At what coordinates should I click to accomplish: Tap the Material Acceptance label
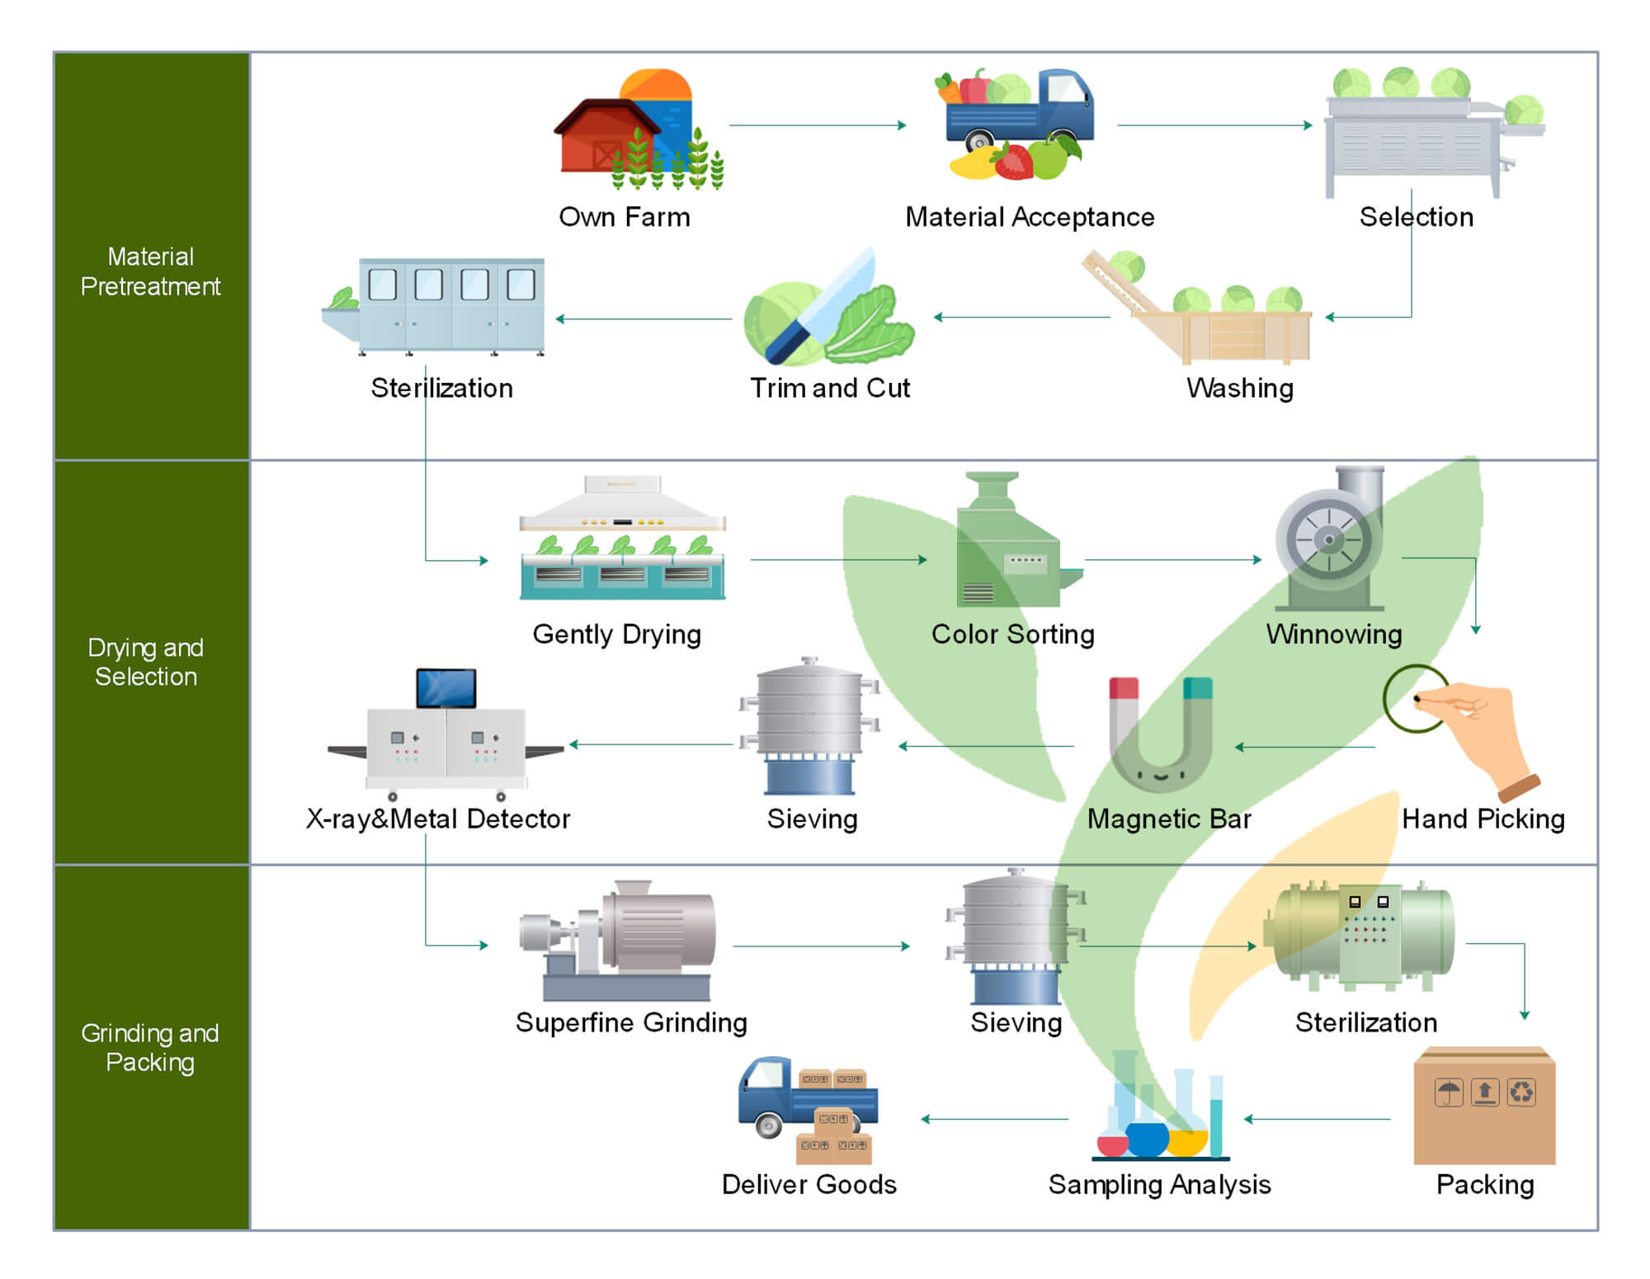pyautogui.click(x=1030, y=217)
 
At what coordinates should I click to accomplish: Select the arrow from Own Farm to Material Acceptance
pyautogui.click(x=817, y=125)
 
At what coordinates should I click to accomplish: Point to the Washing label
pyautogui.click(x=1240, y=388)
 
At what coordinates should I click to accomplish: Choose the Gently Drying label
pyautogui.click(x=616, y=634)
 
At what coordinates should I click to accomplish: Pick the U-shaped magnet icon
pyautogui.click(x=1160, y=734)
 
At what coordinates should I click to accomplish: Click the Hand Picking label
pyautogui.click(x=1483, y=819)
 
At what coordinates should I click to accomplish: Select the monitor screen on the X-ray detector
pyautogui.click(x=446, y=688)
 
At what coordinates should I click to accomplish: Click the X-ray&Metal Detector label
pyautogui.click(x=438, y=819)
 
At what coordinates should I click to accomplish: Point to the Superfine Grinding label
pyautogui.click(x=631, y=1022)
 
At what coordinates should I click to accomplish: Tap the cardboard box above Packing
pyautogui.click(x=1484, y=1106)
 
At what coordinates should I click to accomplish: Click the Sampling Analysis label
pyautogui.click(x=1159, y=1184)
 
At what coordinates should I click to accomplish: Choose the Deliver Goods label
pyautogui.click(x=808, y=1184)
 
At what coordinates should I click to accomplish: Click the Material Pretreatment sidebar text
pyautogui.click(x=151, y=271)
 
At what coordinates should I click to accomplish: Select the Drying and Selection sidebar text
pyautogui.click(x=146, y=662)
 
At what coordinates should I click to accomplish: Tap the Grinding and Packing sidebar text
pyautogui.click(x=150, y=1047)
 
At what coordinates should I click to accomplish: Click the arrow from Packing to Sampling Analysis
pyautogui.click(x=1317, y=1120)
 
